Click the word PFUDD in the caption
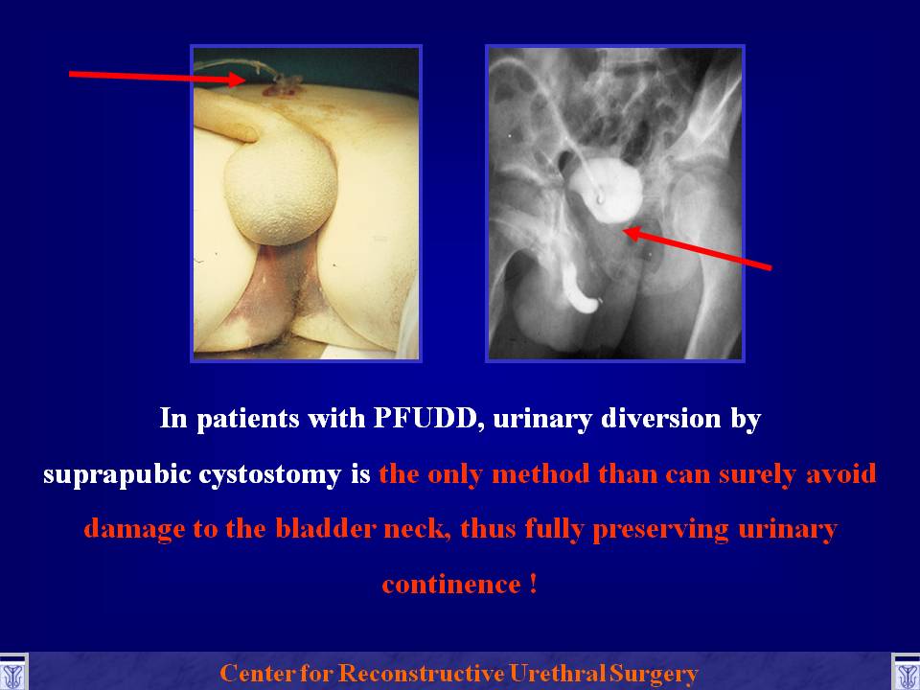[425, 418]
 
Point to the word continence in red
[451, 585]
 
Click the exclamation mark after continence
[533, 584]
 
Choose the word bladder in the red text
[325, 528]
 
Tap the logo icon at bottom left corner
[12, 673]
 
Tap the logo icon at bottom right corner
[906, 673]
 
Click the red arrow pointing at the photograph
[157, 77]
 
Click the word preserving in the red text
[661, 529]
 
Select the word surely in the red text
[756, 474]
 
